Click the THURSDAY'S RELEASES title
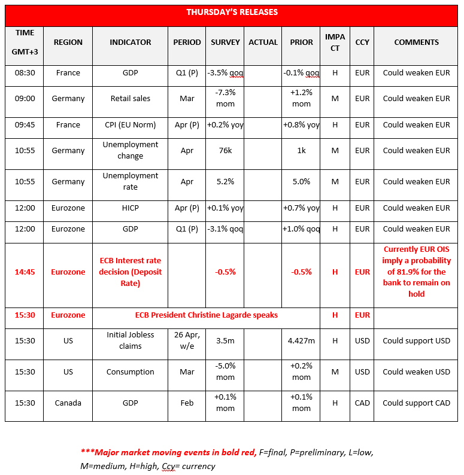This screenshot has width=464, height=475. click(x=232, y=13)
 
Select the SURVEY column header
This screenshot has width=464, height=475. click(x=225, y=42)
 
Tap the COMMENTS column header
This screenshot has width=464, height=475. click(x=416, y=42)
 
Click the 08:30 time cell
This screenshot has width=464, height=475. click(x=25, y=73)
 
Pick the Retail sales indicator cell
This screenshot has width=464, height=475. click(x=130, y=99)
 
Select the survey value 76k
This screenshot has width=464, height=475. click(x=225, y=151)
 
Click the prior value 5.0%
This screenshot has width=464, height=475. click(x=301, y=182)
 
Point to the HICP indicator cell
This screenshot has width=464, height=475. click(x=130, y=208)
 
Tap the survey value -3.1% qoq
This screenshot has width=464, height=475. click(x=225, y=229)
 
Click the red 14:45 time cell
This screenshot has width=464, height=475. click(x=25, y=272)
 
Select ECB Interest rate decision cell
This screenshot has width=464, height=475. click(x=130, y=272)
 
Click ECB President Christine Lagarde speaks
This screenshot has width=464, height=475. click(x=206, y=315)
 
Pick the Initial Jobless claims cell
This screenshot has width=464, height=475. click(x=130, y=341)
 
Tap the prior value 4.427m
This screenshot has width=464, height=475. click(x=301, y=341)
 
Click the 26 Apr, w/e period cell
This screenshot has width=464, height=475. click(x=187, y=341)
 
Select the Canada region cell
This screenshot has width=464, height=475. click(x=68, y=403)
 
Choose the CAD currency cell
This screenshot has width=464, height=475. click(x=362, y=403)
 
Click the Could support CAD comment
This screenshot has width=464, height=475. click(x=416, y=403)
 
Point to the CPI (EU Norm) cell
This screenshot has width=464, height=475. click(x=130, y=125)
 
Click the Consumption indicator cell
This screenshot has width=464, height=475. click(x=130, y=372)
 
